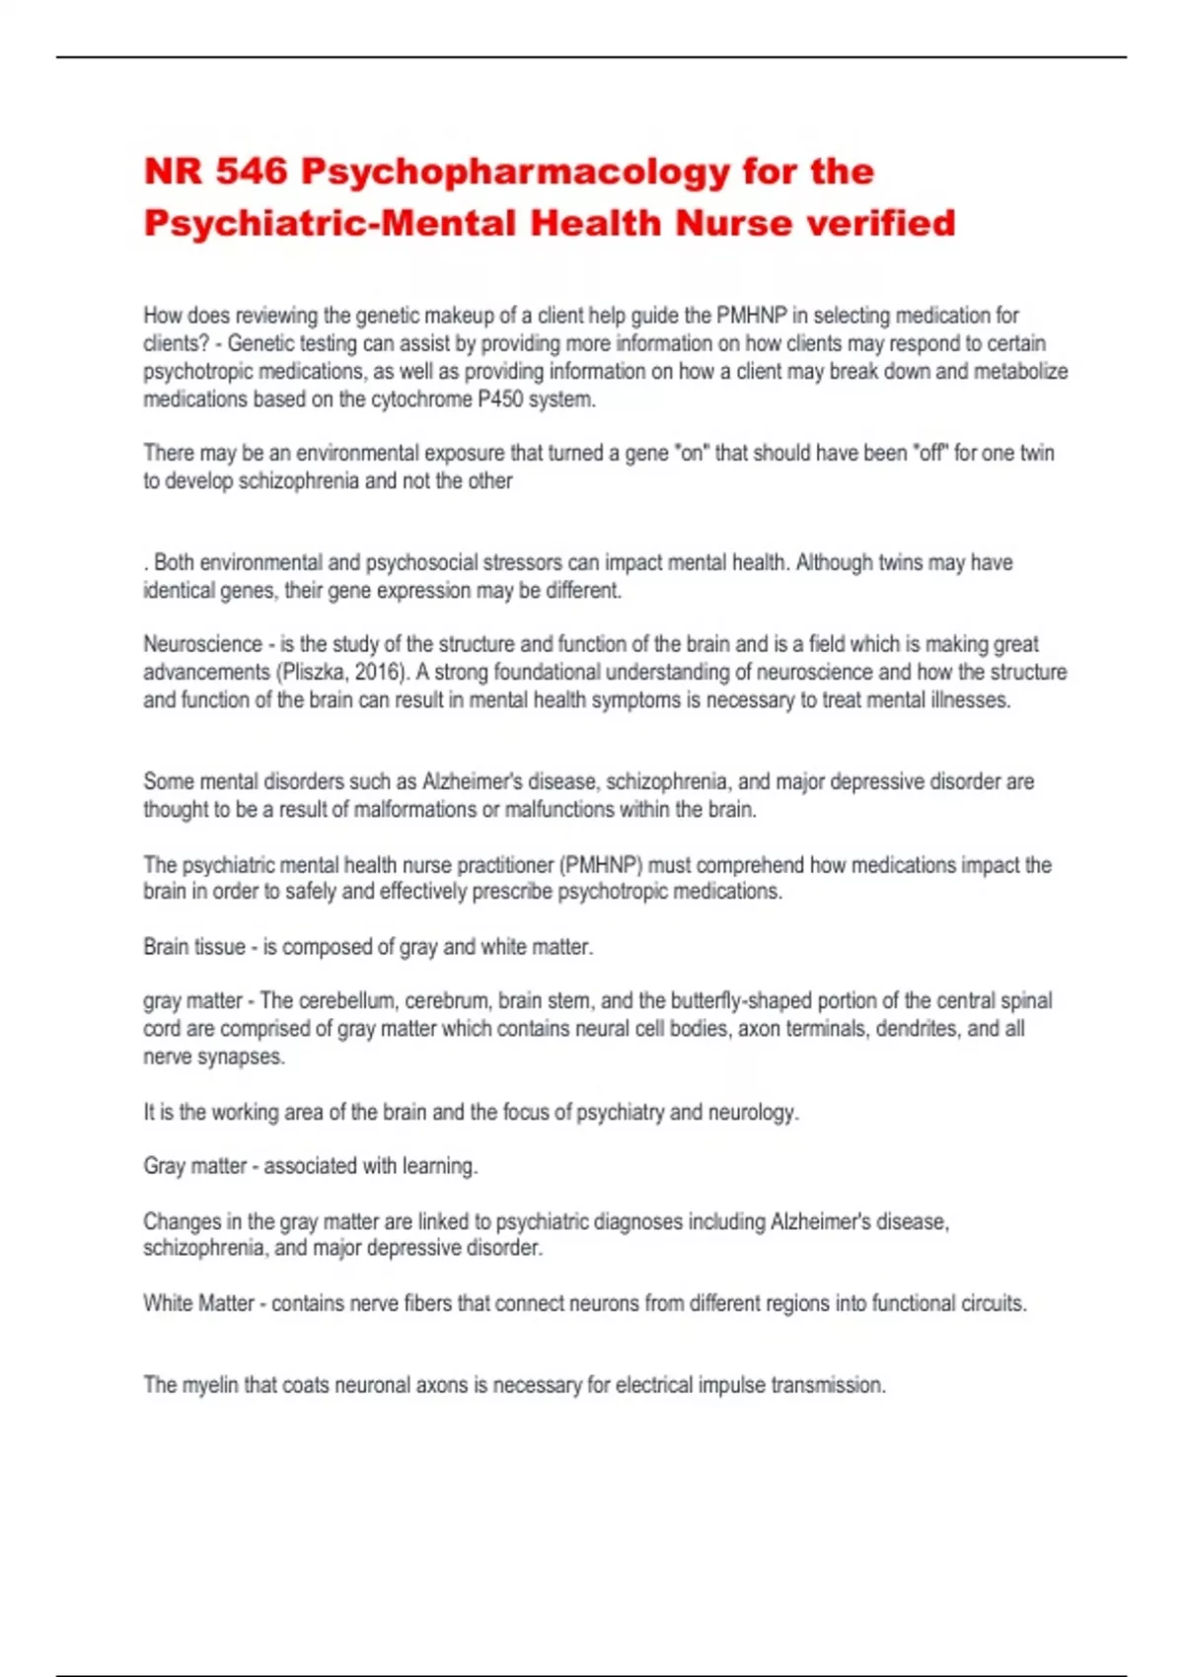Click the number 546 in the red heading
tap(252, 172)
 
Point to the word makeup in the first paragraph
tap(461, 316)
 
